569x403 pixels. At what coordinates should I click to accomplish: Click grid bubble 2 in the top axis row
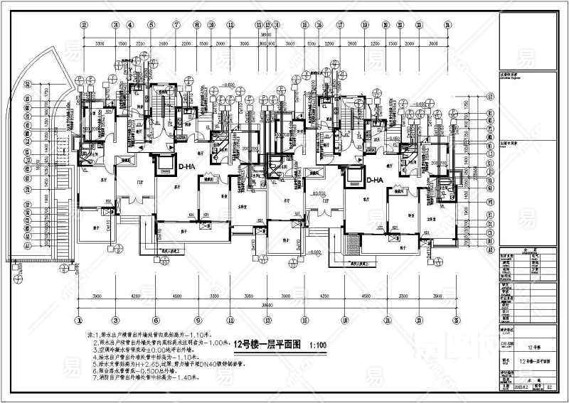pyautogui.click(x=84, y=23)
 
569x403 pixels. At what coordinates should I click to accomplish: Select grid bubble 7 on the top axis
pyautogui.click(x=175, y=23)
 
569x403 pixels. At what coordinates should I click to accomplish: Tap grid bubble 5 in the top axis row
pyautogui.click(x=151, y=23)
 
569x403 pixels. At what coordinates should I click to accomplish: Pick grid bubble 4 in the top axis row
pyautogui.click(x=130, y=23)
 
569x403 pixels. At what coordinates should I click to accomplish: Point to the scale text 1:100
pyautogui.click(x=318, y=345)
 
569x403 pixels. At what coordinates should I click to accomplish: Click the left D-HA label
pyautogui.click(x=186, y=167)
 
